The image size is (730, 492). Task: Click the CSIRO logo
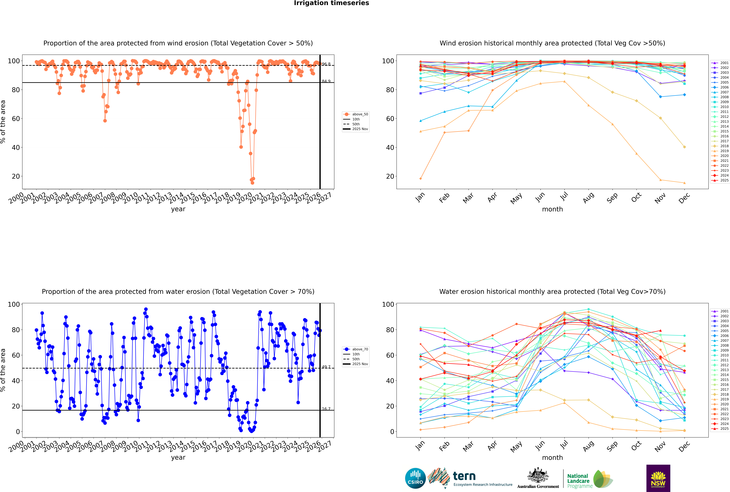click(415, 478)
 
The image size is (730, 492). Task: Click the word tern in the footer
click(464, 476)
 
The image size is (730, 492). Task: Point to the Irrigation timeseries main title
click(331, 3)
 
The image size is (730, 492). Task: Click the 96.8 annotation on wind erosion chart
click(326, 64)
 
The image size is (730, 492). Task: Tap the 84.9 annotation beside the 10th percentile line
click(326, 81)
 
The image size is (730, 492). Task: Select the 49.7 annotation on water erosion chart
click(326, 367)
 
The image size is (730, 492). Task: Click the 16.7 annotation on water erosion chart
click(326, 409)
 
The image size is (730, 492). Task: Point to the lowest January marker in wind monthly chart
click(421, 179)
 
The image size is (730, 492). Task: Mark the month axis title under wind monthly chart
click(552, 209)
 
